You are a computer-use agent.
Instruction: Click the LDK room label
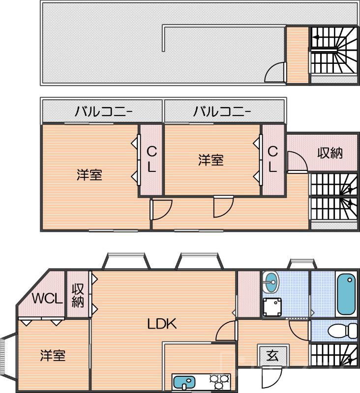[x=162, y=324]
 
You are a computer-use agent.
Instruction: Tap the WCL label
[x=47, y=298]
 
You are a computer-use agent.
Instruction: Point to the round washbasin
[x=270, y=282]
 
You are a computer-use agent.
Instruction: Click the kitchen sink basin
[x=184, y=382]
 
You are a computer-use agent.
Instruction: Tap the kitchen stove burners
[x=219, y=381]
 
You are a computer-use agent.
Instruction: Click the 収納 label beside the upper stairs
[x=330, y=153]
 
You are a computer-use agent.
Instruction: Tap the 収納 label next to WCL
[x=78, y=295]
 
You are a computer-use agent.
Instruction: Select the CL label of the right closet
[x=272, y=159]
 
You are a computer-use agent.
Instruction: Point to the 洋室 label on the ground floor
[x=53, y=355]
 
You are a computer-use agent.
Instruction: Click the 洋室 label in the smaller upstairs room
[x=211, y=160]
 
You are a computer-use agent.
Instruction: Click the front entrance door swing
[x=270, y=378]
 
